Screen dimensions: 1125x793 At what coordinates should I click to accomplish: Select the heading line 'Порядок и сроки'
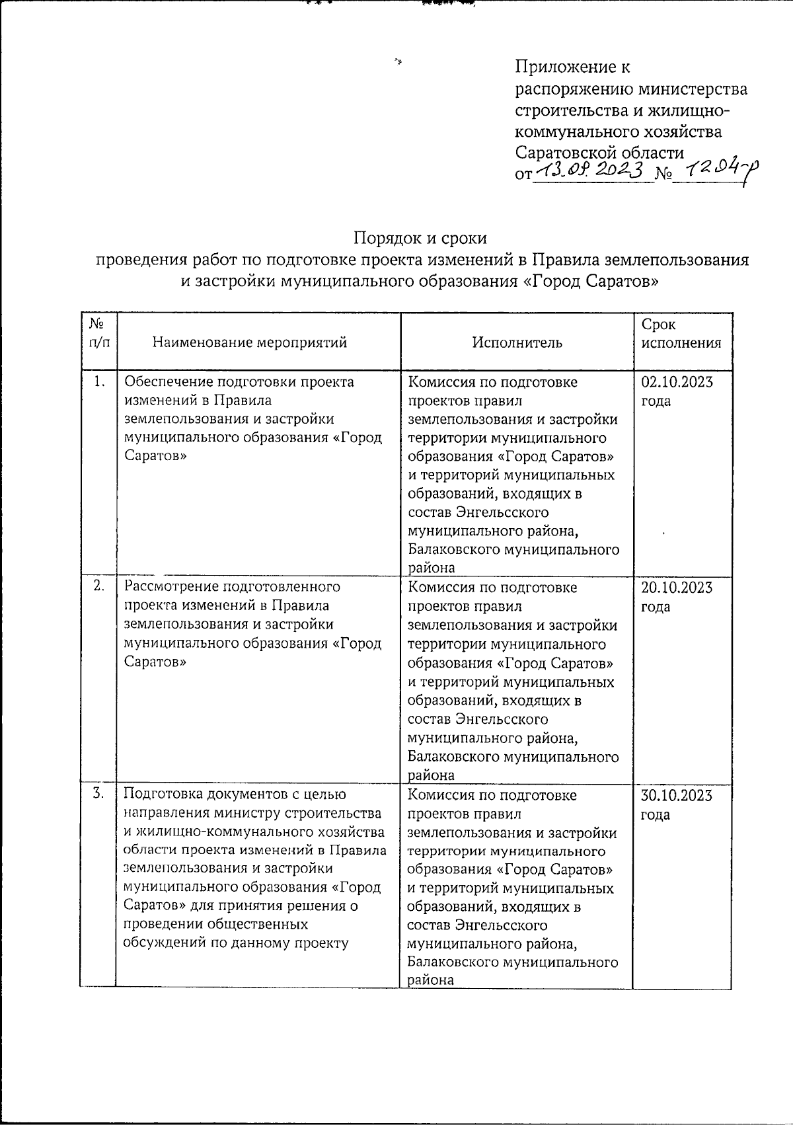pos(420,237)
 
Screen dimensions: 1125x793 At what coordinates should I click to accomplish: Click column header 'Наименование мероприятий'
pos(249,342)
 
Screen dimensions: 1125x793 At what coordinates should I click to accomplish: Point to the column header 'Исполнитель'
pos(517,342)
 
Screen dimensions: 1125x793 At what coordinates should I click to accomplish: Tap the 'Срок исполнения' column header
pos(681,334)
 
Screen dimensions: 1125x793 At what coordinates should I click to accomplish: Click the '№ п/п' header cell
pos(98,333)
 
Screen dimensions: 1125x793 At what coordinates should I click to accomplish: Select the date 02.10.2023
pos(677,382)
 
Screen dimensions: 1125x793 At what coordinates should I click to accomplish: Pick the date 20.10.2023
pos(677,588)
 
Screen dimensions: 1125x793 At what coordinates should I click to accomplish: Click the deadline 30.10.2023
pos(677,795)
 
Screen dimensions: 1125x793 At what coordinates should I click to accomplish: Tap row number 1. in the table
pos(99,381)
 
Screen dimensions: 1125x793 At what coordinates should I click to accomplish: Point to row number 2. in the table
pos(98,586)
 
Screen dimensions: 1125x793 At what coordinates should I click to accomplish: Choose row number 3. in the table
pos(98,793)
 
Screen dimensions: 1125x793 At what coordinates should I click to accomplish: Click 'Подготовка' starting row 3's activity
pos(161,795)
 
